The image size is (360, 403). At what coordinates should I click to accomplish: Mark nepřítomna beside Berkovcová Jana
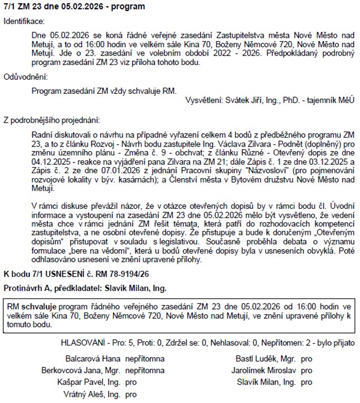pyautogui.click(x=145, y=370)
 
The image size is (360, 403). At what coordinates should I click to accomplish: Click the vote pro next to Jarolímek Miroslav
pyautogui.click(x=307, y=370)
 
